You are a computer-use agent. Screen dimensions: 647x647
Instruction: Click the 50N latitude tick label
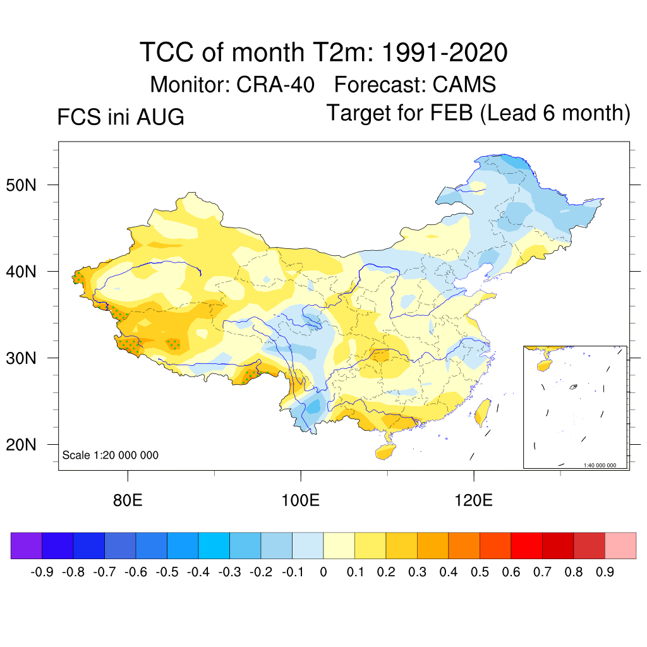point(21,185)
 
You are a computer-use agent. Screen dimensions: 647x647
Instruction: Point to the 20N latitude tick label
point(21,445)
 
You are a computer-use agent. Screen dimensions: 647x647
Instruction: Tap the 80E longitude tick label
point(128,500)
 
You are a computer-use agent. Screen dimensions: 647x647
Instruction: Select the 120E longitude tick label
point(474,500)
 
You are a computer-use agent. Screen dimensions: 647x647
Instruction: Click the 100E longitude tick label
point(300,500)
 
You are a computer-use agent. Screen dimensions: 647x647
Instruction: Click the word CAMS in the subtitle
point(464,85)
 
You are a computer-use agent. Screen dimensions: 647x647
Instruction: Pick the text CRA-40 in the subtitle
point(275,85)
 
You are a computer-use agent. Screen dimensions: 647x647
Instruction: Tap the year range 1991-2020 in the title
point(445,52)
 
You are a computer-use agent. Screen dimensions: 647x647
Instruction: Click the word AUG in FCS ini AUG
point(160,117)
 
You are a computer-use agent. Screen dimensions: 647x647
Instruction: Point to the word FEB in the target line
point(451,112)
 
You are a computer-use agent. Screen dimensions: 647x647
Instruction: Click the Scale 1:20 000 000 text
point(110,455)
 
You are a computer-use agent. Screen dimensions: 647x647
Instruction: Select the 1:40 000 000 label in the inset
point(600,465)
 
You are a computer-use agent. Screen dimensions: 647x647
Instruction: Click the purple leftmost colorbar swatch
point(27,545)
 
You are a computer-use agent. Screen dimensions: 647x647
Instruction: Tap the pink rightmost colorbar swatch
point(620,545)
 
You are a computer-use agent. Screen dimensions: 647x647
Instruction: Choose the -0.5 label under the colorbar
point(167,572)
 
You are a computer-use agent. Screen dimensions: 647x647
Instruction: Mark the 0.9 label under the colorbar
point(605,572)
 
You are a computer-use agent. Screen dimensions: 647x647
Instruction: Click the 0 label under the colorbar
point(323,572)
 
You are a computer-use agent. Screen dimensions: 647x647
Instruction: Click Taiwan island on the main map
point(482,413)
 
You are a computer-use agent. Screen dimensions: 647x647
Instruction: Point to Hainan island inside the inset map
point(545,365)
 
